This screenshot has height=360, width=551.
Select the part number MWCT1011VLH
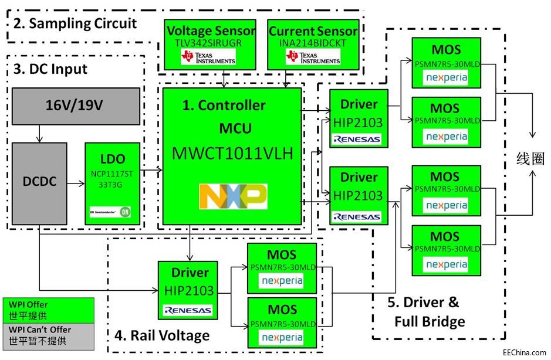(232, 154)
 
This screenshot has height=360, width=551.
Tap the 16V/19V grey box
(76, 106)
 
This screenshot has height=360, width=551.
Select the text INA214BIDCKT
(313, 43)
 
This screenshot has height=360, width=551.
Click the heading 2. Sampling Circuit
(74, 23)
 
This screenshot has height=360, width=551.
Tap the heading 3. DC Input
(50, 69)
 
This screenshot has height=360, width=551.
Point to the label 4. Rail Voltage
(161, 335)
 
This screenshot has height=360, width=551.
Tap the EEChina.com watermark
(520, 352)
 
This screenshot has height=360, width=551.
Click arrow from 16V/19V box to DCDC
(39, 134)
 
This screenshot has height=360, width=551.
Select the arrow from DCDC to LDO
(76, 184)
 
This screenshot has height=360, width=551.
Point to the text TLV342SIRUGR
(211, 43)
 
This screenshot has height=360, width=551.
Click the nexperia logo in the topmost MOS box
(447, 77)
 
